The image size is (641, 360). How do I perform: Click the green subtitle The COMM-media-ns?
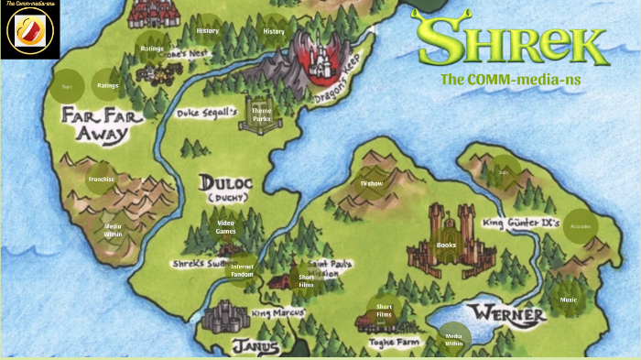510,79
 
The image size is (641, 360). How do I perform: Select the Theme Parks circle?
261,114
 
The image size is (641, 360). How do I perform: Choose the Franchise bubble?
101,180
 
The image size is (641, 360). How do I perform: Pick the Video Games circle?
225,226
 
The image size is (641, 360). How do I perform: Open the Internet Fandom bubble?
242,270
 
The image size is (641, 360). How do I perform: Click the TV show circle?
371,183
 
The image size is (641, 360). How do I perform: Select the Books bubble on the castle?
446,245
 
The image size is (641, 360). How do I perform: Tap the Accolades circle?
581,226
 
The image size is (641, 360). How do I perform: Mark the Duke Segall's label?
207,113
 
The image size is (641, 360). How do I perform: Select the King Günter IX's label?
521,223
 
